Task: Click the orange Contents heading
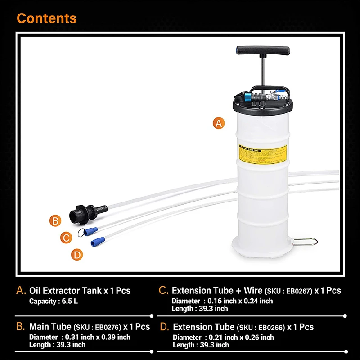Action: click(46, 18)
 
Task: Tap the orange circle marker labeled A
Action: click(219, 123)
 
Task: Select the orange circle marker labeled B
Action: click(55, 220)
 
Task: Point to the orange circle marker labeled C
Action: click(66, 238)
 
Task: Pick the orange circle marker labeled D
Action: click(77, 255)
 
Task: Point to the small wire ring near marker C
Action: click(81, 232)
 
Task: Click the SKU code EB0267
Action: click(299, 291)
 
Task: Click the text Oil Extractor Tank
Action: click(65, 291)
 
